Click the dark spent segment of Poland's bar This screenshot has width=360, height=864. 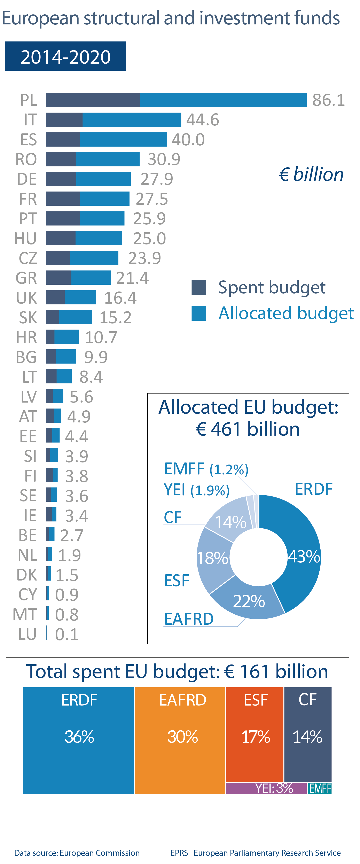(93, 100)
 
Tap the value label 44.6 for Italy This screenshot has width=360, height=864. (203, 120)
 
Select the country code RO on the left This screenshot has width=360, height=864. (26, 159)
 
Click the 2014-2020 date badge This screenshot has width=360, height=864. (65, 56)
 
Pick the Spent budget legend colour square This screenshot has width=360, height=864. (199, 287)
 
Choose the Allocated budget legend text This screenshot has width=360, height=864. (286, 313)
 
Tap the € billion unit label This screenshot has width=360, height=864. (311, 174)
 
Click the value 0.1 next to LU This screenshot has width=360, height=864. (67, 634)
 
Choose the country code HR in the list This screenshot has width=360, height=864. (26, 337)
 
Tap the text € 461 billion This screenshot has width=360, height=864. (248, 429)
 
